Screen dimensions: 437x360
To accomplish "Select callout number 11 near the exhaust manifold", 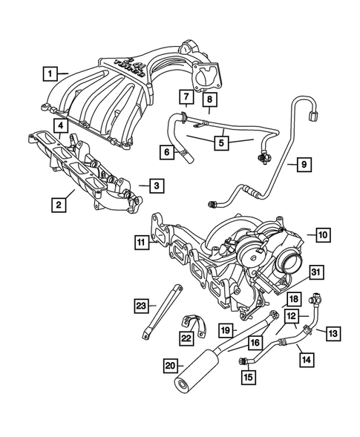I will tap(141, 241).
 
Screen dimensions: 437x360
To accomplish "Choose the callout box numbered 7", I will tap(186, 97).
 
